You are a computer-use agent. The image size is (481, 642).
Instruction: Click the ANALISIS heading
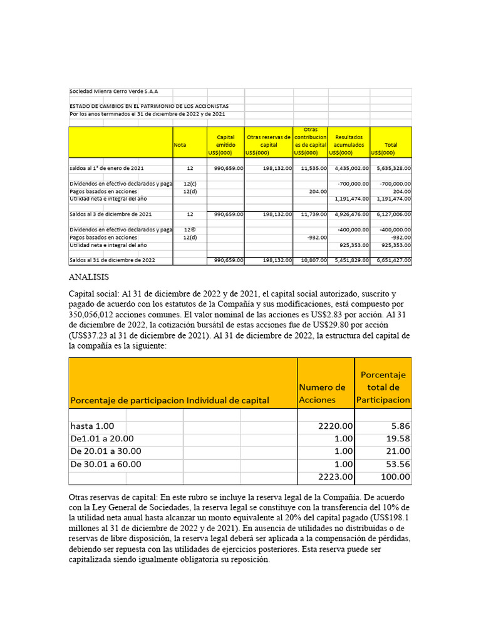point(89,276)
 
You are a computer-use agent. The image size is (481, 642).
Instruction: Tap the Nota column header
point(180,145)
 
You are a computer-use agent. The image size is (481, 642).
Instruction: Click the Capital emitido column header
point(225,145)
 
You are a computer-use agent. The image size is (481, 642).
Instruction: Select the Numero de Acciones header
point(322,393)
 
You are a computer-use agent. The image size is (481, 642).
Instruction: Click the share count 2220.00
point(336,426)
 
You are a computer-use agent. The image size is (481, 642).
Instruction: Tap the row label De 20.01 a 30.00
point(106,451)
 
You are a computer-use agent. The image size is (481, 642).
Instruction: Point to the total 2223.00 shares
point(336,477)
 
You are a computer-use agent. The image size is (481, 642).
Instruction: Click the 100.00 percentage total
point(396,477)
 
